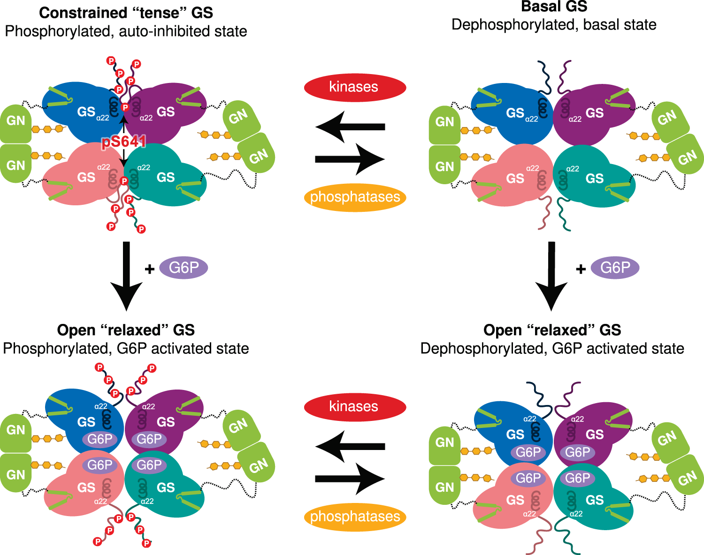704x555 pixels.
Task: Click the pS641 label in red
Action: (123, 142)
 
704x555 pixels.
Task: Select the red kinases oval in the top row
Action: (355, 87)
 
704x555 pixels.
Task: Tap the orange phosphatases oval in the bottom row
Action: (355, 517)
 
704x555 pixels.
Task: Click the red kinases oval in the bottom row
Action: (355, 406)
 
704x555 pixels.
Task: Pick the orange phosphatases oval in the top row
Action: (355, 197)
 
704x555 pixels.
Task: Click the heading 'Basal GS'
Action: (554, 7)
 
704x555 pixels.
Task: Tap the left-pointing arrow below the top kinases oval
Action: (350, 127)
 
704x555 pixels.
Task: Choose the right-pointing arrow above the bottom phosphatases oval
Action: (350, 479)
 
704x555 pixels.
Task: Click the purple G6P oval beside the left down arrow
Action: (184, 268)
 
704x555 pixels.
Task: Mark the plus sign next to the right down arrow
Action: (581, 269)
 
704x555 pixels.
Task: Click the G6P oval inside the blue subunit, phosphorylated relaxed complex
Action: (99, 439)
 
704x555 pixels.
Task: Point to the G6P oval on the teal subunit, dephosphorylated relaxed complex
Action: (577, 478)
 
